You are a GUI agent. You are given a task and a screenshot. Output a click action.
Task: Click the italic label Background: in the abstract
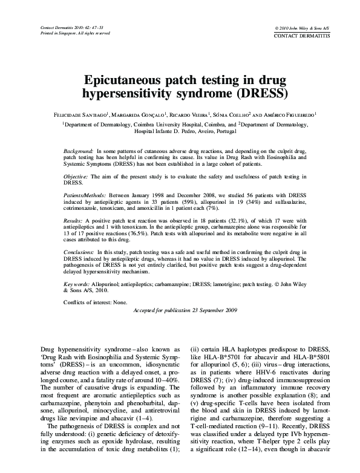click(x=79, y=149)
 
